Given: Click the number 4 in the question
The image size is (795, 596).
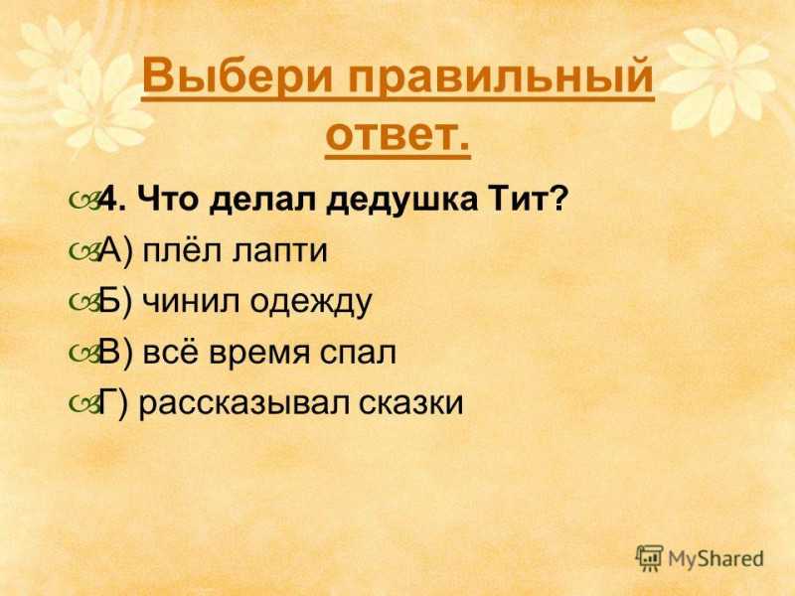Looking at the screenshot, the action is pyautogui.click(x=107, y=200).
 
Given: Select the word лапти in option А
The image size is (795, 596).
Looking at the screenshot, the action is pyautogui.click(x=280, y=251).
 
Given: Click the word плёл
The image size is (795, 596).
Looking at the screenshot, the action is pyautogui.click(x=182, y=249).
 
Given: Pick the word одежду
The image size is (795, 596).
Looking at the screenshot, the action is pyautogui.click(x=311, y=303).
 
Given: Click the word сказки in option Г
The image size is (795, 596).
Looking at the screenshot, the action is pyautogui.click(x=411, y=403).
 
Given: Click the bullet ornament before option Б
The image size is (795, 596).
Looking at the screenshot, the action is pyautogui.click(x=83, y=303).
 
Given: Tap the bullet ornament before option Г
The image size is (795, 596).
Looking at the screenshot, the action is pyautogui.click(x=83, y=404).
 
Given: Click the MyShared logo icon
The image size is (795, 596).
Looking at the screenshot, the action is pyautogui.click(x=650, y=558).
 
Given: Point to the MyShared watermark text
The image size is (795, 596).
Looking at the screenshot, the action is pyautogui.click(x=715, y=558).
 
